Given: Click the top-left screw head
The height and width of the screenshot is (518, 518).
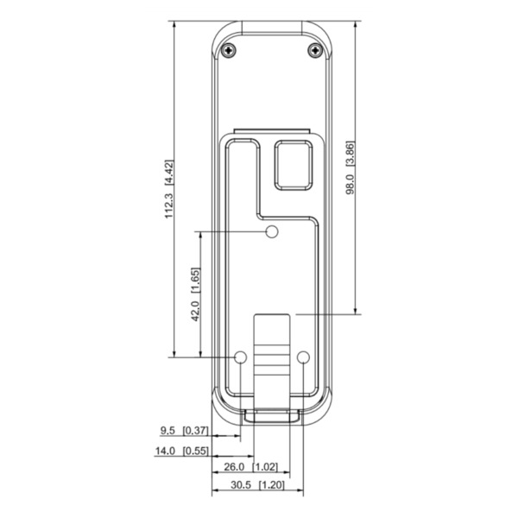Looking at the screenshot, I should pyautogui.click(x=228, y=50).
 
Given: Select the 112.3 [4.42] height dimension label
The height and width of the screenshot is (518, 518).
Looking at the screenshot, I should pyautogui.click(x=169, y=189).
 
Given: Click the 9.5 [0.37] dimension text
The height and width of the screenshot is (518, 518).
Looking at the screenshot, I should pyautogui.click(x=184, y=430).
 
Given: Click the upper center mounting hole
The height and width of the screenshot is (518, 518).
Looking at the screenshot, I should pyautogui.click(x=271, y=231).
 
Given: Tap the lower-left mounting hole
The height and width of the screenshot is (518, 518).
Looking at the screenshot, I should pyautogui.click(x=241, y=357).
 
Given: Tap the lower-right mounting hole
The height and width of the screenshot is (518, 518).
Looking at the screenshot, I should pyautogui.click(x=302, y=357).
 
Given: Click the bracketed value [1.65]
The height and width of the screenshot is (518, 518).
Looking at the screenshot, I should pyautogui.click(x=196, y=281).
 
